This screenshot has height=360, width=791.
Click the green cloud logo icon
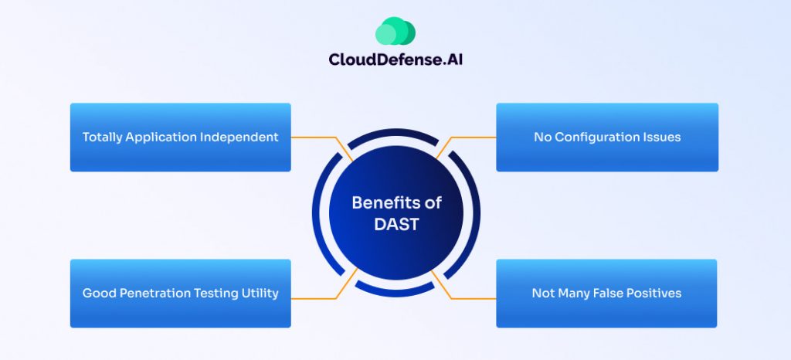(395, 32)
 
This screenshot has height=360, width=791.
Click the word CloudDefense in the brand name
(375, 59)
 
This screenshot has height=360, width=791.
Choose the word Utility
(259, 294)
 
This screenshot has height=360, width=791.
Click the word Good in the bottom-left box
(97, 294)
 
